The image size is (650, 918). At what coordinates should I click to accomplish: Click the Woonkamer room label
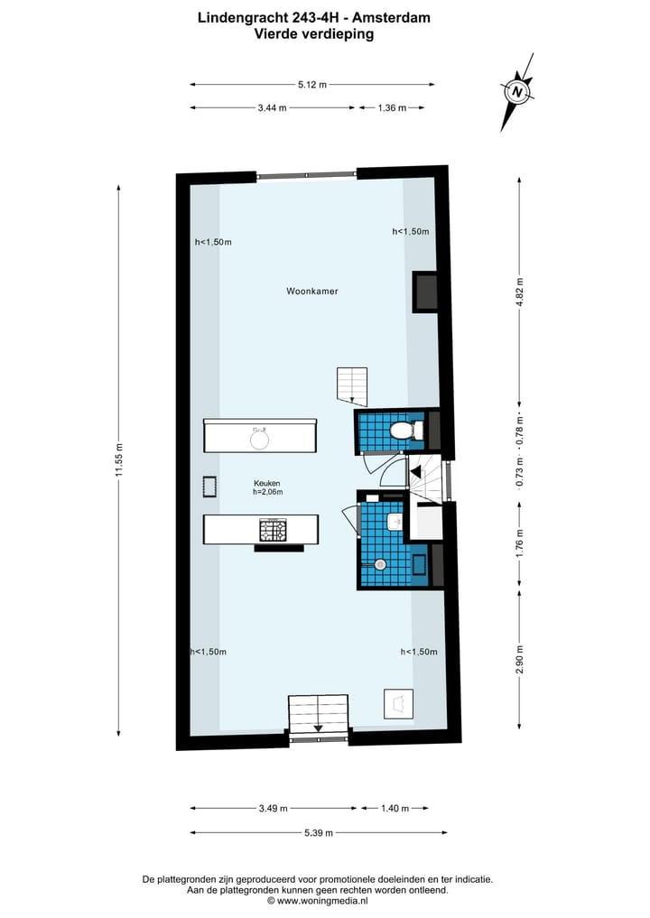tap(312, 292)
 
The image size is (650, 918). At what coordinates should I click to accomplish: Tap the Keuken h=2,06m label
tap(268, 487)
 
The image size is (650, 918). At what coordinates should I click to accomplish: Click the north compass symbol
tap(516, 91)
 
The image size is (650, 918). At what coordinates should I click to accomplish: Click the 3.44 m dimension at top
tap(272, 107)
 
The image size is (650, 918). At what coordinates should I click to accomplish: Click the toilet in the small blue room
tap(401, 431)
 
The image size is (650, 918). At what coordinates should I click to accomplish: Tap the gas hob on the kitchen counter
tap(274, 530)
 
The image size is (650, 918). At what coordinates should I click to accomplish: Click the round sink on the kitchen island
tap(260, 438)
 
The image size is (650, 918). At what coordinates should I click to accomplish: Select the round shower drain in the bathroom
tap(380, 564)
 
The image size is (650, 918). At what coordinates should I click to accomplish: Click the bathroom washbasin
tap(395, 522)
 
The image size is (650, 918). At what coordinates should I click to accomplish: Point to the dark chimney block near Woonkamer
tap(425, 292)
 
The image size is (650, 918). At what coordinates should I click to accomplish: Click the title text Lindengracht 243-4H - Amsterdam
tap(313, 17)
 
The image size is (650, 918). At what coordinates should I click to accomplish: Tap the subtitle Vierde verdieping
tap(313, 34)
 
